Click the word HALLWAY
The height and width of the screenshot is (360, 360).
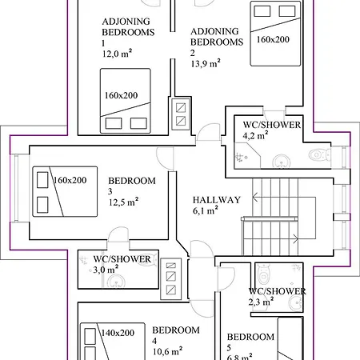(x=217, y=200)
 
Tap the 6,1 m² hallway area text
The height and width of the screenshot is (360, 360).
(x=206, y=210)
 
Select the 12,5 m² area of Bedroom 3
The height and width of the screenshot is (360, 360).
(x=123, y=202)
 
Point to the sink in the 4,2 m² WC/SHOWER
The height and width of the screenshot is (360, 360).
(x=282, y=161)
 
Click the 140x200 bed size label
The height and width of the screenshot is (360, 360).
(x=118, y=333)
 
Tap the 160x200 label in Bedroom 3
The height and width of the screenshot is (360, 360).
(x=70, y=180)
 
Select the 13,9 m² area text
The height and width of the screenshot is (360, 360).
(x=206, y=63)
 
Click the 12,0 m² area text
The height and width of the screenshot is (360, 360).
(x=117, y=54)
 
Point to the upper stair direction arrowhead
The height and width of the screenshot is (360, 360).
(x=254, y=198)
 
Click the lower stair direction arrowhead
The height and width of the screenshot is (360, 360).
(x=296, y=239)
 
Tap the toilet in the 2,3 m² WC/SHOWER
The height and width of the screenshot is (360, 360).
(x=264, y=274)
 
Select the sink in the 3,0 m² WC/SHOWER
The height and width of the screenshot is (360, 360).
(x=116, y=282)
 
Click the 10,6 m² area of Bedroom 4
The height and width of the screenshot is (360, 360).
(x=167, y=351)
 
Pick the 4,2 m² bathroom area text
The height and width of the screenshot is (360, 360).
(x=255, y=135)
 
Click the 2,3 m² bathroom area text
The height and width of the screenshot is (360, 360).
(x=261, y=302)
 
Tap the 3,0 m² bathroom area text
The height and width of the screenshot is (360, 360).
(x=106, y=270)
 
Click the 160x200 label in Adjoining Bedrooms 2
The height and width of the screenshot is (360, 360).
(x=273, y=39)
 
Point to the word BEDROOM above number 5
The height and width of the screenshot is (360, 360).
(x=250, y=337)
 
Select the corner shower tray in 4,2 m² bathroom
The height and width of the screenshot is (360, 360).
(x=246, y=156)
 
